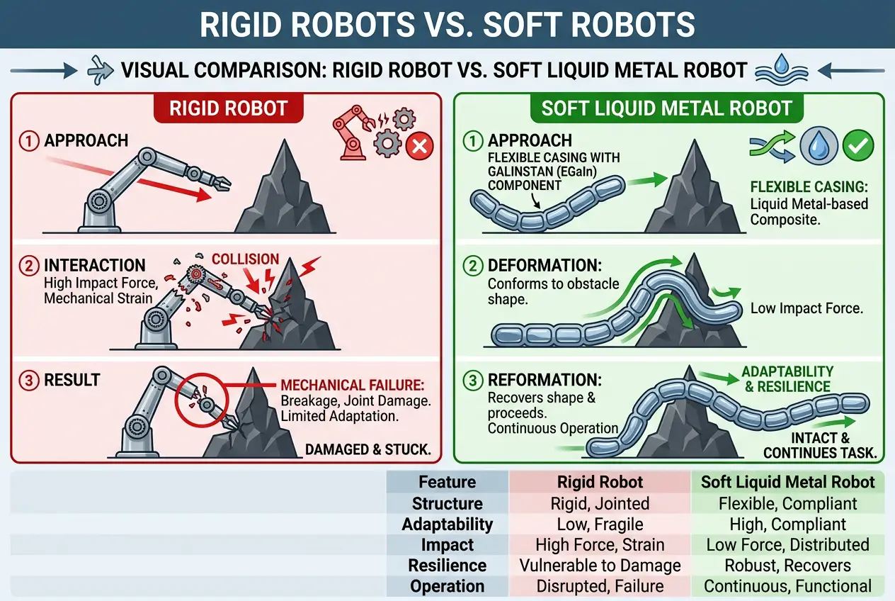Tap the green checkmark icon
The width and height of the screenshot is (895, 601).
click(858, 146)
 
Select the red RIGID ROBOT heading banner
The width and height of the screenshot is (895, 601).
click(228, 108)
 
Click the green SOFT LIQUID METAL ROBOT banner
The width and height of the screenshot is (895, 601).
click(666, 108)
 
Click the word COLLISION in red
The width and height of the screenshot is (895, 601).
click(246, 259)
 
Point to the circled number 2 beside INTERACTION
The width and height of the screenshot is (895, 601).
click(28, 266)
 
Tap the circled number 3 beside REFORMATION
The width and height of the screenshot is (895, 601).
click(472, 381)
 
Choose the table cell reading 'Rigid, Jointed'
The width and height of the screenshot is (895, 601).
click(600, 504)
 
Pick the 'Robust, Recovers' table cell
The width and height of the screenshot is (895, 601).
click(787, 566)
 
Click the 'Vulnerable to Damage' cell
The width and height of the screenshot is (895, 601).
click(600, 566)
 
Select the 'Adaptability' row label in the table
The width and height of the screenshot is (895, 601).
click(447, 524)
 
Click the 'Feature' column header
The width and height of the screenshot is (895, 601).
click(447, 483)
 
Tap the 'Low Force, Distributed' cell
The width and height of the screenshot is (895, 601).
click(787, 545)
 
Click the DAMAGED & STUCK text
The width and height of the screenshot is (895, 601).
click(368, 449)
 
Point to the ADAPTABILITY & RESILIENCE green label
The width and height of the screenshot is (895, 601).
click(787, 379)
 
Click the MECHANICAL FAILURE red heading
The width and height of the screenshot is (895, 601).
click(352, 386)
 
